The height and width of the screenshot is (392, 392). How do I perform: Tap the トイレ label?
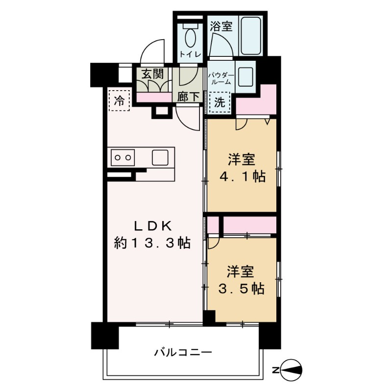(190, 54)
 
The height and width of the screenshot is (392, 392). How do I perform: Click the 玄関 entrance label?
(152, 74)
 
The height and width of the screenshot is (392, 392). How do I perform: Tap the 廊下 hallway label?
(188, 97)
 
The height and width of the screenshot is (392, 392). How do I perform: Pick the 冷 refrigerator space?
(119, 100)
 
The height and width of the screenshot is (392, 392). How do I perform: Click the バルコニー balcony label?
(183, 352)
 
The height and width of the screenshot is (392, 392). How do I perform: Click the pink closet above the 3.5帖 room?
(249, 226)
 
